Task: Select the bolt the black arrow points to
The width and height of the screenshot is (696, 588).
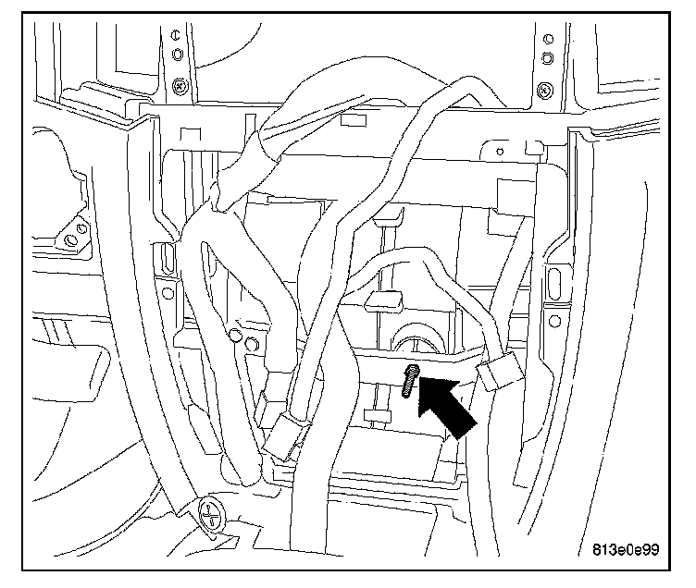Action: tap(410, 381)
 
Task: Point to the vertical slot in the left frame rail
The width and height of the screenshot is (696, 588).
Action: tap(167, 258)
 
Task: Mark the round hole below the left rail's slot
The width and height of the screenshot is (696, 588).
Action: tap(168, 294)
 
